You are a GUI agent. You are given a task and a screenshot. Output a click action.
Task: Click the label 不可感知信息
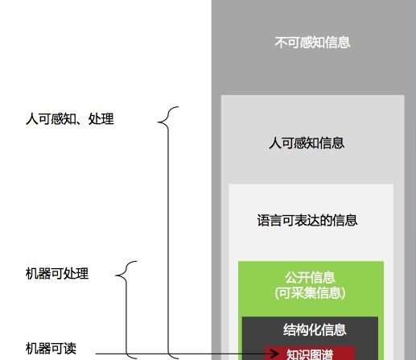coord(312,43)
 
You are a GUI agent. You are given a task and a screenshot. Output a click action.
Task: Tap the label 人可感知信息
coord(307,143)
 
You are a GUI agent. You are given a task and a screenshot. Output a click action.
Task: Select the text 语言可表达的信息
coord(307,221)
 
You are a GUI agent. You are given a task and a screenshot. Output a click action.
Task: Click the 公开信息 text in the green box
coord(310,277)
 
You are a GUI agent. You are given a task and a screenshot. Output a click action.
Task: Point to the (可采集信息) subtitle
coord(310,293)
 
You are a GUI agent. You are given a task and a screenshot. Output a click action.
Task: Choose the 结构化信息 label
coord(315,330)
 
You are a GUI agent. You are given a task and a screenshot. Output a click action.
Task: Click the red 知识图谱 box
coord(310,354)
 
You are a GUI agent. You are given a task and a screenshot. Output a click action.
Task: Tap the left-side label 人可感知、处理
coord(70,118)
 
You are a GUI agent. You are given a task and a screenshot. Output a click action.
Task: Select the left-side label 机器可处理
coord(57,274)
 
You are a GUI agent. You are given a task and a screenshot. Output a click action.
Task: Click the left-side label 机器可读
coord(51,349)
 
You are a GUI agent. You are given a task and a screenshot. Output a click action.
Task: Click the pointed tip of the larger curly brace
coord(158,122)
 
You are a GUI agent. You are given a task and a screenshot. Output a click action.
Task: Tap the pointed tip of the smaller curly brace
coord(116,275)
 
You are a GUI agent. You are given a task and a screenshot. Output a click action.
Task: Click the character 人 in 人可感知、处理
coord(31,118)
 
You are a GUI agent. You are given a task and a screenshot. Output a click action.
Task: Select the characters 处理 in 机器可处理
coord(76,274)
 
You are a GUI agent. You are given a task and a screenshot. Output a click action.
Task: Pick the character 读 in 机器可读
coord(70,349)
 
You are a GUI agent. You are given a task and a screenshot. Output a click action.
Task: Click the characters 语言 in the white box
coord(270,221)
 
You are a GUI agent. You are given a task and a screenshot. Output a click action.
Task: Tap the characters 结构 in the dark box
coord(295,330)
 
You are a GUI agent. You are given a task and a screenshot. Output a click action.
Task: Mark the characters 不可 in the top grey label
coord(287,43)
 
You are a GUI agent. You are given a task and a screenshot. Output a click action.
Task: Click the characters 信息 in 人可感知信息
coord(332,143)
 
